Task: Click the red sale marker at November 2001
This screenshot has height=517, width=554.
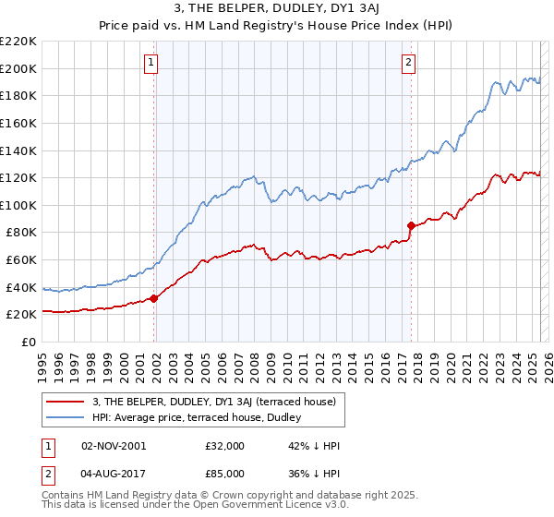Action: point(154,298)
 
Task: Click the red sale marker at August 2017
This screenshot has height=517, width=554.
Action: point(411,225)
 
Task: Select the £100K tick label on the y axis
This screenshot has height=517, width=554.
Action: point(18,205)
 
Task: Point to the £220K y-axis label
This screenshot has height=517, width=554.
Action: point(18,42)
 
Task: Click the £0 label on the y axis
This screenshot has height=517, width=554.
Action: point(30,342)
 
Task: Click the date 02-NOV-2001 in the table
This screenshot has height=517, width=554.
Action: point(114,445)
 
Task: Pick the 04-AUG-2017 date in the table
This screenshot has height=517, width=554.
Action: point(114,475)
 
